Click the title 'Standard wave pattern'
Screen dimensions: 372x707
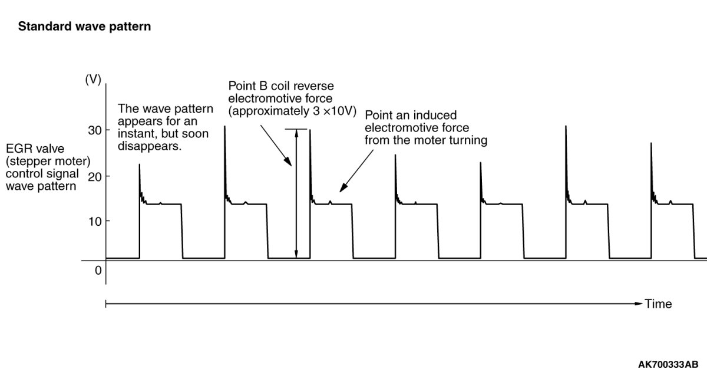pos(85,27)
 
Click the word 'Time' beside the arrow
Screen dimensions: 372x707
pos(658,304)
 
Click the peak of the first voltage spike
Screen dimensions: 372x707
pos(139,164)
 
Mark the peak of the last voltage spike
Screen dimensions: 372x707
pos(651,143)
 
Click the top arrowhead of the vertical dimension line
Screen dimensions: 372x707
pos(296,132)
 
